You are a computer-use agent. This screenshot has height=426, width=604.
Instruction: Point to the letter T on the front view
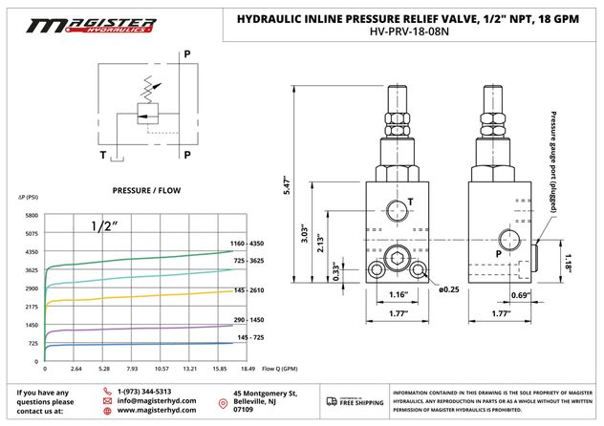pos(410,202)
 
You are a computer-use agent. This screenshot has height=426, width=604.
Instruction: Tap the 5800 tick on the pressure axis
pos(32,216)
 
